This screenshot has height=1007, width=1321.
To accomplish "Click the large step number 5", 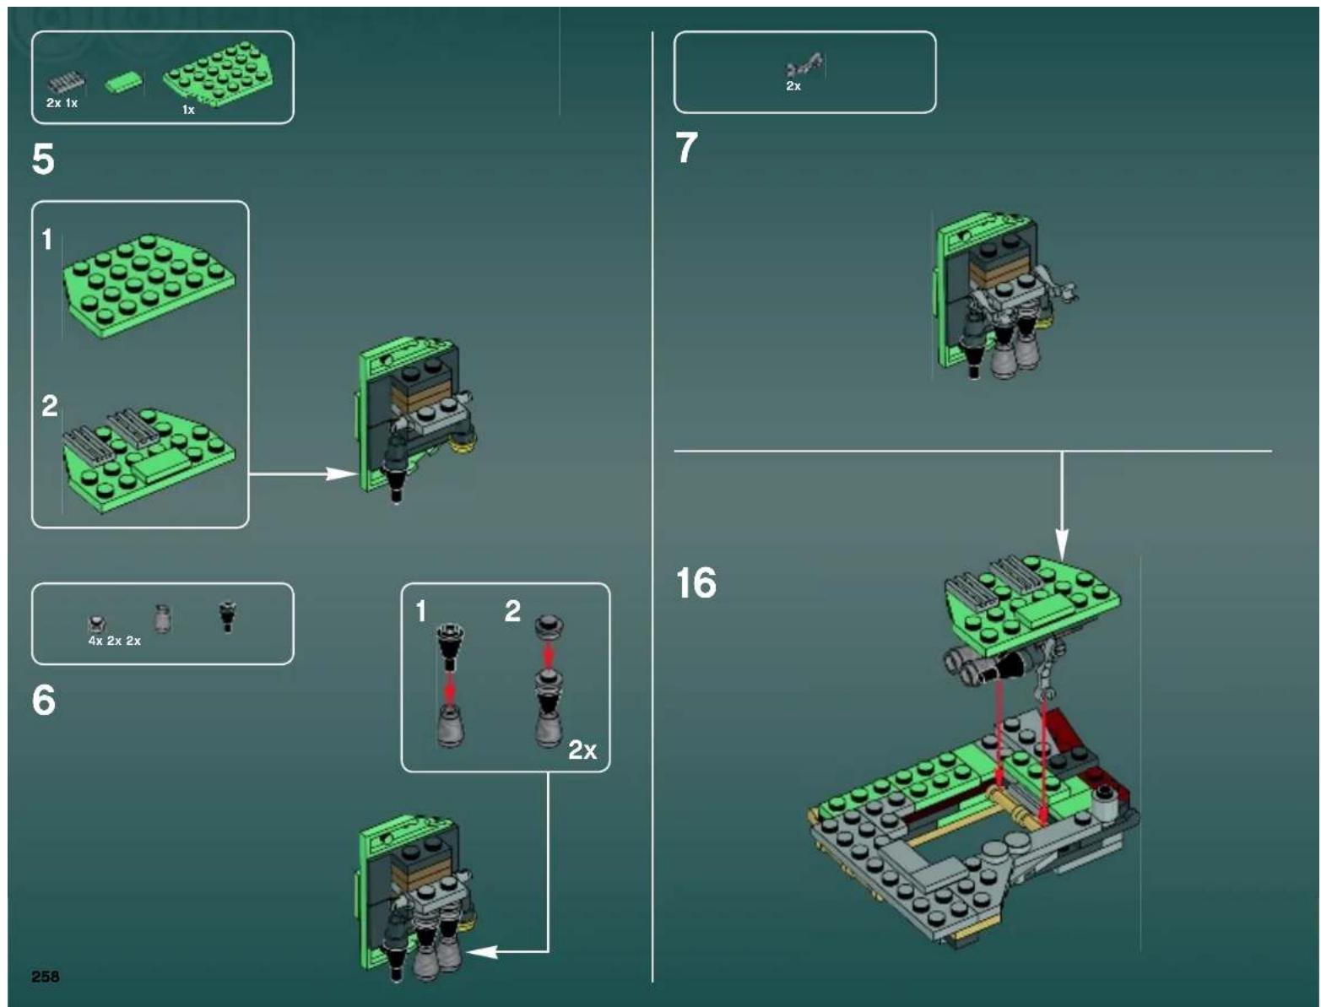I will click(x=43, y=160).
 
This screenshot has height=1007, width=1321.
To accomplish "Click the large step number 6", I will click(x=43, y=701).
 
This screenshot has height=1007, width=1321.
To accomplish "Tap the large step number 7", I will click(x=687, y=149).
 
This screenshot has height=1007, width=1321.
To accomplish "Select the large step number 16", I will click(x=696, y=583).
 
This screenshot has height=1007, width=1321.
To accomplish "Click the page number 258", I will click(x=46, y=977).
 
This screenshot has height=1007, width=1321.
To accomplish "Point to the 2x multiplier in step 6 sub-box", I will click(x=582, y=750).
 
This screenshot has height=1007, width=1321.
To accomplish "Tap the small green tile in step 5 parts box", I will click(x=122, y=83).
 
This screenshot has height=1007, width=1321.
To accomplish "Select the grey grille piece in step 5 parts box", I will click(x=67, y=83).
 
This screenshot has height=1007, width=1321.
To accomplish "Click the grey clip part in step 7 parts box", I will click(x=804, y=65).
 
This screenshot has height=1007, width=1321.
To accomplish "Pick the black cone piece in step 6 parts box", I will click(x=226, y=615).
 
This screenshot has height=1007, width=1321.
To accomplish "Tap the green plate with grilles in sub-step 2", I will click(x=149, y=460).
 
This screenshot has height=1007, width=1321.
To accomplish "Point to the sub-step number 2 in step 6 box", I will click(x=512, y=611).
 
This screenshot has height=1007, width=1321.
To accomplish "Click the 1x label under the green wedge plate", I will click(x=188, y=110).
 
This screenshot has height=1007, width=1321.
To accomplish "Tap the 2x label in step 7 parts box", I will click(x=793, y=86).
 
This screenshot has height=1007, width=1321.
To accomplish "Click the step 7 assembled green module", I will click(x=996, y=295).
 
